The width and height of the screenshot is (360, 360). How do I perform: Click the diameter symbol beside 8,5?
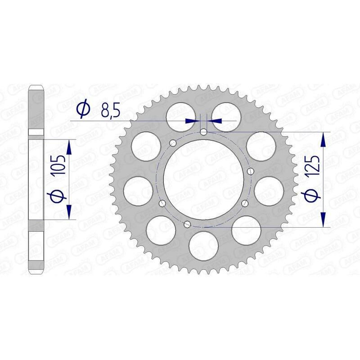coord(84,109)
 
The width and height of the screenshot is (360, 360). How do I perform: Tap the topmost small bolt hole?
coord(204,132)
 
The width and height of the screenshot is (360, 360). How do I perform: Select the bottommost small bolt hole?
coord(188,225)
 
